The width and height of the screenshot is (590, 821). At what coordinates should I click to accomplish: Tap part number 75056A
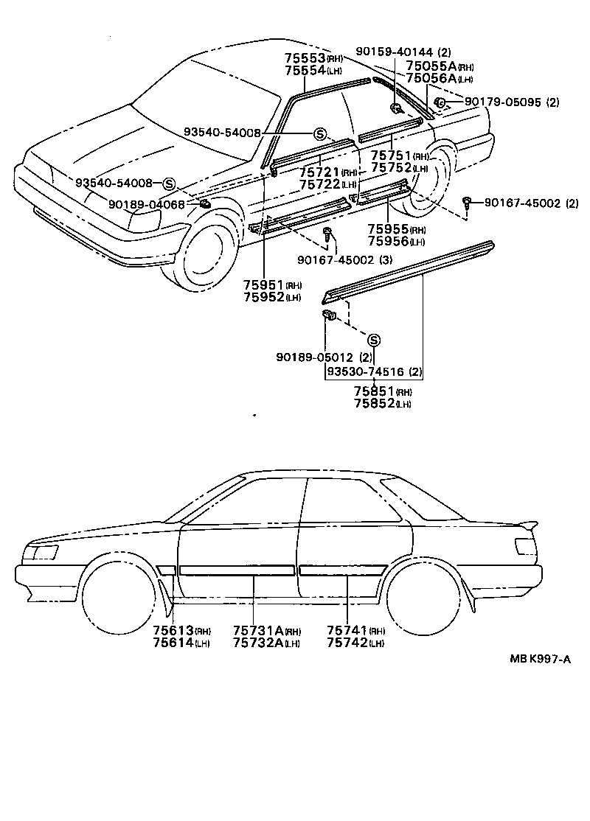[431, 78]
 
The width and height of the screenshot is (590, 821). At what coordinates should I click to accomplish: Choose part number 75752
[390, 168]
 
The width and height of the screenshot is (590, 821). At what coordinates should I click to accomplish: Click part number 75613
[173, 630]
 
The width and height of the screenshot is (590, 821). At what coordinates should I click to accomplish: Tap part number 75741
[347, 630]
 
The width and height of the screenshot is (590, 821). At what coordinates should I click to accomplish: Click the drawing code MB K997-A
[538, 659]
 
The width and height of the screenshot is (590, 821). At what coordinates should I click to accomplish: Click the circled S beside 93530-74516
[373, 340]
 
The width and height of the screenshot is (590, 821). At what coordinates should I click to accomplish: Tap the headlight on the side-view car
[41, 552]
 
